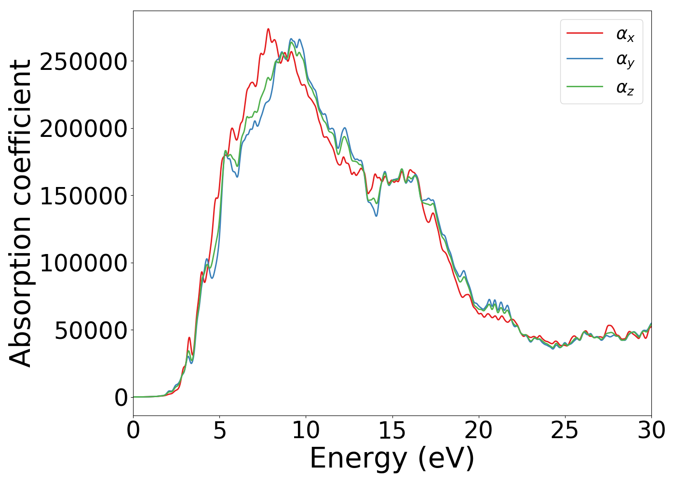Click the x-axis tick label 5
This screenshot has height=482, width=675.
(x=219, y=430)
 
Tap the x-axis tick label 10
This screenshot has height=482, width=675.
(x=306, y=430)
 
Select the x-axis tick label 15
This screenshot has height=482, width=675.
(x=392, y=430)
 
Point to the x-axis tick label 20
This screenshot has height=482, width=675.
(x=478, y=430)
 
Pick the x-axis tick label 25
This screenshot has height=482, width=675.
(x=565, y=430)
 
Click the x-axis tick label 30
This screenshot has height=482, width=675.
(x=651, y=430)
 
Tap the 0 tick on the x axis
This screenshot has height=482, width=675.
(x=133, y=430)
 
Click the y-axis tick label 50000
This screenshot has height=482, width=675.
(x=91, y=331)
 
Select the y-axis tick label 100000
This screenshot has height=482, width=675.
(x=83, y=264)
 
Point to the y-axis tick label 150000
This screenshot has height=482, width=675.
(x=83, y=196)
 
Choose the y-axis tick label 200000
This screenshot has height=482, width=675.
(x=83, y=129)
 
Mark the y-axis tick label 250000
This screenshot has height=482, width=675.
(x=83, y=62)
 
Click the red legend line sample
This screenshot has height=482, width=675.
(x=584, y=33)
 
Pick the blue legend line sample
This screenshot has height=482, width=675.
(x=584, y=60)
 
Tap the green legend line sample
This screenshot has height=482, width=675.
(x=584, y=87)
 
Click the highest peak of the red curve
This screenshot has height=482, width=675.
(x=268, y=29)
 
